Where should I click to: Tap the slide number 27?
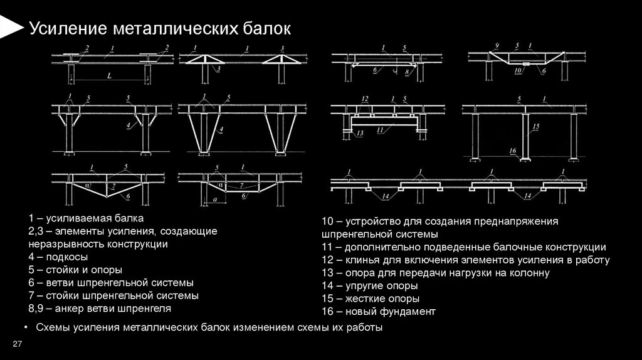coord(17,342)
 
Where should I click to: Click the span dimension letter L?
coord(109,76)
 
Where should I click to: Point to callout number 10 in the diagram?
coord(517,71)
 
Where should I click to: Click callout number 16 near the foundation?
coord(512,151)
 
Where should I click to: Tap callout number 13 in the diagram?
coord(359,134)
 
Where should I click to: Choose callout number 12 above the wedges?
coord(364,98)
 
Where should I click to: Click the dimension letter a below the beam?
coord(215,198)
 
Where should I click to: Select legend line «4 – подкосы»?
coord(58,257)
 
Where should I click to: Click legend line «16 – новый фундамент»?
coord(378,311)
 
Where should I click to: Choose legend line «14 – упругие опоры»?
coord(371,286)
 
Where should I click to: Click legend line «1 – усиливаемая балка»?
coord(86,218)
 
